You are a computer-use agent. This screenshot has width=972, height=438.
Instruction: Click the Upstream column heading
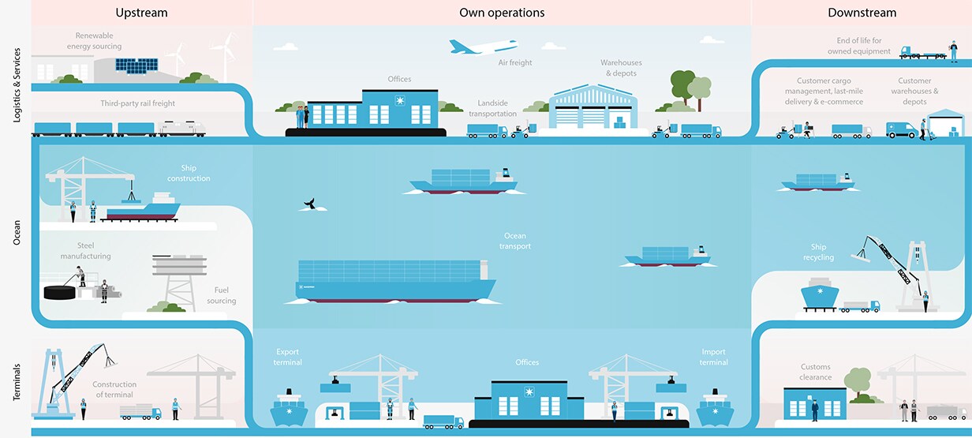point(141,13)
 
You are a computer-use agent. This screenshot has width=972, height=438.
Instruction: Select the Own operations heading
point(502,13)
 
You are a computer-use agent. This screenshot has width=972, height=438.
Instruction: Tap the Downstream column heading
point(862,13)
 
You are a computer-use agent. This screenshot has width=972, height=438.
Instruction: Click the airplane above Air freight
point(482,47)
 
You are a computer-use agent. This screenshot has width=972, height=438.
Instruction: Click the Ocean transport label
point(515,241)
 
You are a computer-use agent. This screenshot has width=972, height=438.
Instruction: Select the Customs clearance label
point(816,372)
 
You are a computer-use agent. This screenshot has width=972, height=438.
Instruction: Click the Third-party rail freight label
point(137,103)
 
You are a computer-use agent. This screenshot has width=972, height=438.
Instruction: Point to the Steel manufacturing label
point(84,251)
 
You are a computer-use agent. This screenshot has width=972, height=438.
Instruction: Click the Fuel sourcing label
point(221,295)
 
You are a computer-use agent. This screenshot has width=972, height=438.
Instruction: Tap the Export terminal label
point(289,357)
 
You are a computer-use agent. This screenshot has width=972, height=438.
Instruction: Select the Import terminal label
point(713,357)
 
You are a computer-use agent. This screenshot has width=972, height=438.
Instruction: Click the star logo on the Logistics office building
point(401,101)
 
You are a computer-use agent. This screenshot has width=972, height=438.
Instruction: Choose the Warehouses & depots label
point(621,68)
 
